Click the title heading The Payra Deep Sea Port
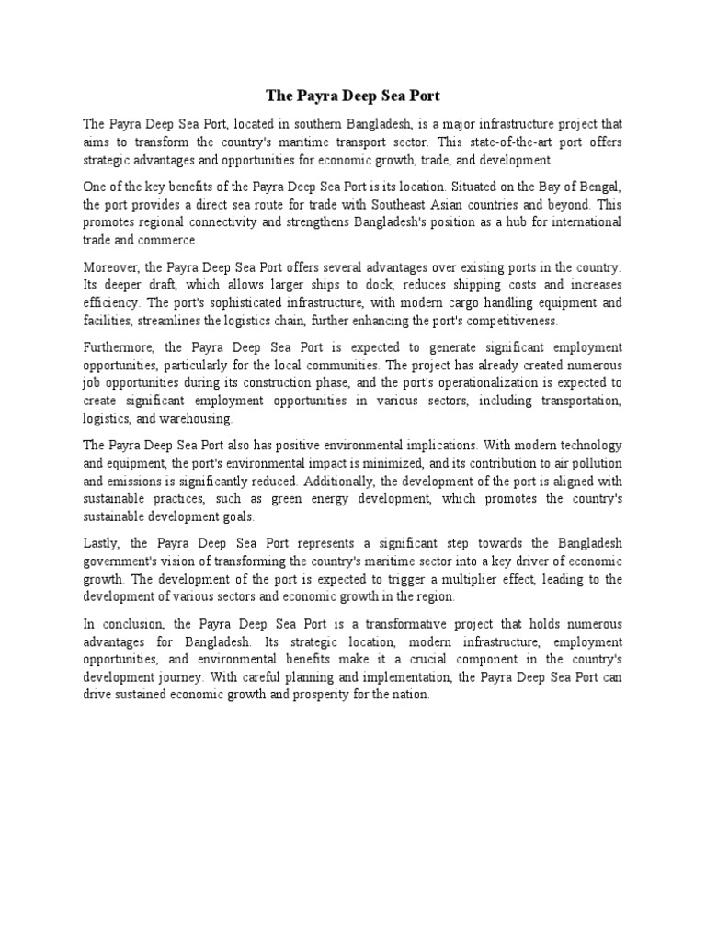353,95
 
